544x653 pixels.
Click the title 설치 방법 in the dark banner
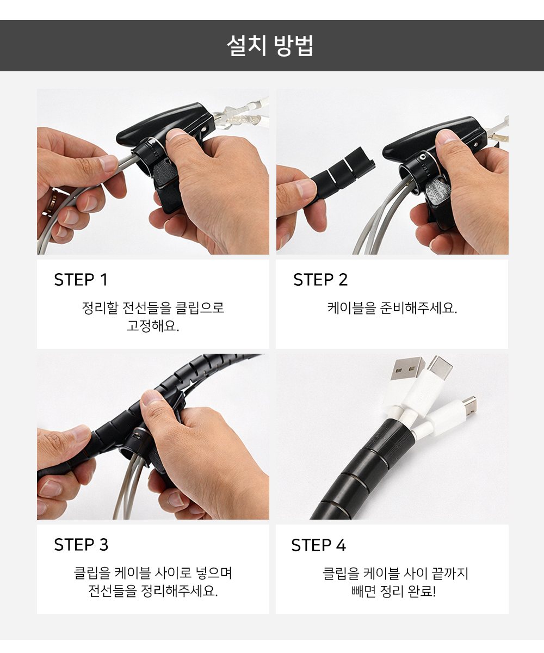(x=270, y=46)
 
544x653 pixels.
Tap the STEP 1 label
(x=81, y=280)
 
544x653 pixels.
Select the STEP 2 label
(x=320, y=280)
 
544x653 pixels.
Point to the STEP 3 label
(x=81, y=545)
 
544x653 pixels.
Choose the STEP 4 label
(x=319, y=545)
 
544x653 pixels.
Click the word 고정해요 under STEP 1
(x=153, y=326)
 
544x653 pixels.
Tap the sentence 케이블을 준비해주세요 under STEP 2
(x=392, y=308)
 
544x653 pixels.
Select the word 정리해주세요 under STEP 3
(x=180, y=591)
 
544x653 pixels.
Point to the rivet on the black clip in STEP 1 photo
(x=204, y=129)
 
